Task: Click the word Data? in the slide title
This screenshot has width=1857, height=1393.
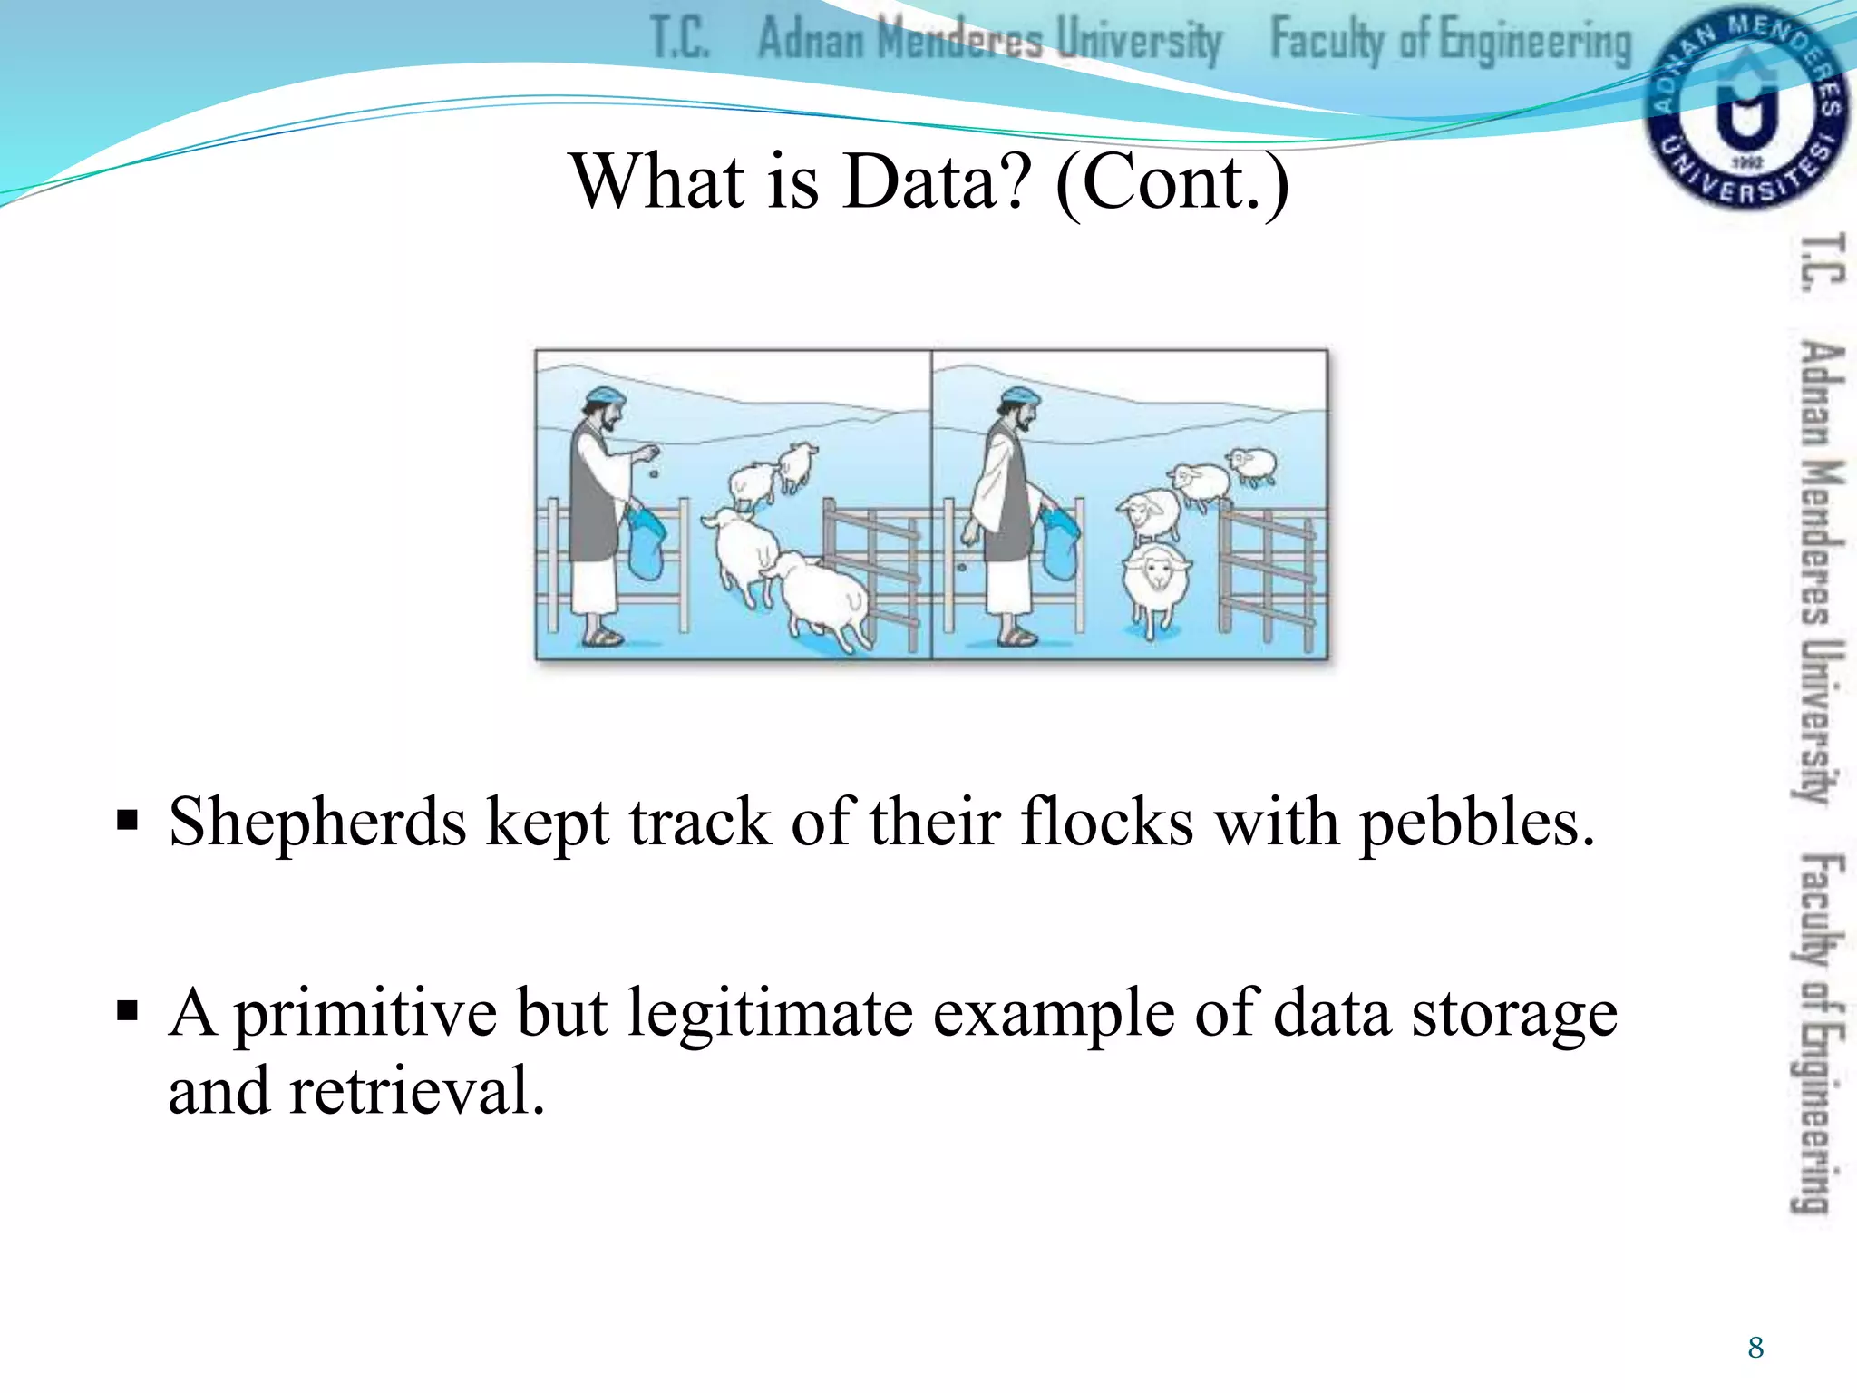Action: pos(937,181)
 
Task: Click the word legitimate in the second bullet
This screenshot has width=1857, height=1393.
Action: pos(770,1013)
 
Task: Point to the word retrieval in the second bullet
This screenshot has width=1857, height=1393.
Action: pos(417,1091)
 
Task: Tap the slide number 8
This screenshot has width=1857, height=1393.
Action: pos(1755,1348)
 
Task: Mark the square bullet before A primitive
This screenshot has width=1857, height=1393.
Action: pos(127,1010)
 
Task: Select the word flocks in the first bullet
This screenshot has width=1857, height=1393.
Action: pos(1106,822)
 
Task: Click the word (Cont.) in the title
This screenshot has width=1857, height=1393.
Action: pos(1172,181)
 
